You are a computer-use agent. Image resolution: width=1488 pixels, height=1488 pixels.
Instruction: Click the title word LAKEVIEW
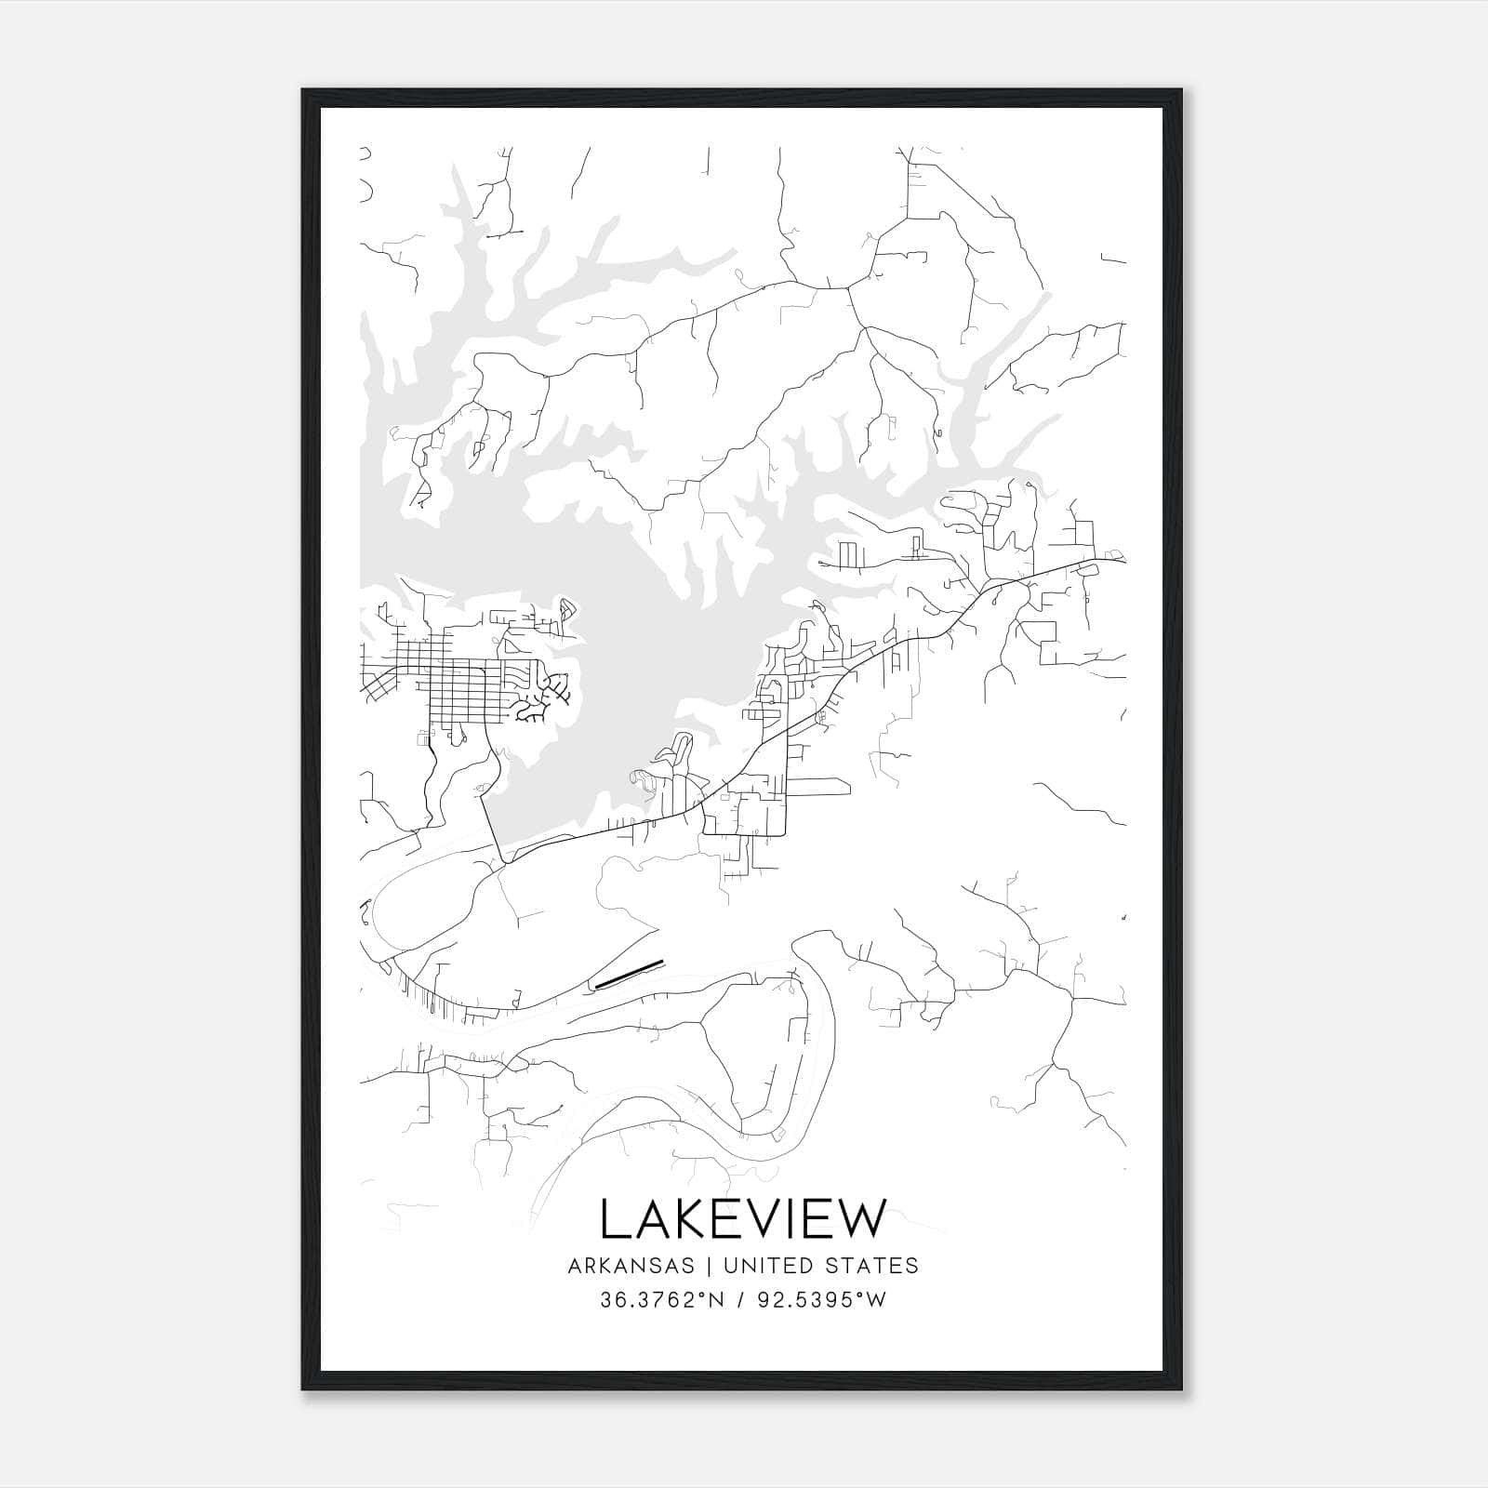(x=743, y=1219)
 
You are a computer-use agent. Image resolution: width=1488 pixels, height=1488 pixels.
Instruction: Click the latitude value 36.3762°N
(x=661, y=1300)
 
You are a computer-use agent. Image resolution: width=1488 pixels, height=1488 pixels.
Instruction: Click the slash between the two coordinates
(x=738, y=1300)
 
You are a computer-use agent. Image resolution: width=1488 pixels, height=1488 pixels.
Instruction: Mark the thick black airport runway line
(x=629, y=973)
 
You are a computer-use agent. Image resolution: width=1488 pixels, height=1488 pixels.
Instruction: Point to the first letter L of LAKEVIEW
(x=614, y=1219)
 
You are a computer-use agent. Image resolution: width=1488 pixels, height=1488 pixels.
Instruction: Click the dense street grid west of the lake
(x=460, y=693)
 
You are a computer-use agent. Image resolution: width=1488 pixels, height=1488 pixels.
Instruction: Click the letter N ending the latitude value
(x=715, y=1300)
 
